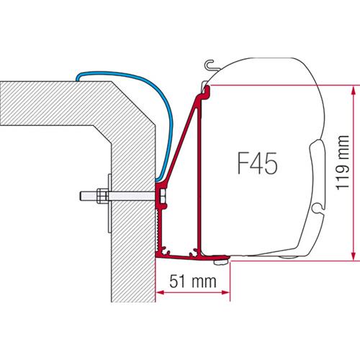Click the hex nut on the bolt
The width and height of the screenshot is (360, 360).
[x=101, y=195]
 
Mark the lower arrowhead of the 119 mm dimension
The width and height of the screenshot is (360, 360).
[x=353, y=258]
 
